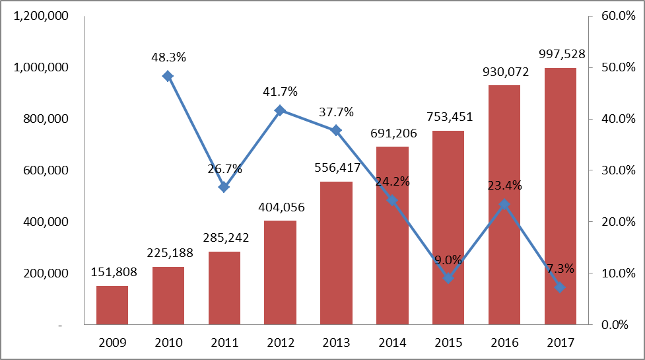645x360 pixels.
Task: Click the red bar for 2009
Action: click(x=112, y=305)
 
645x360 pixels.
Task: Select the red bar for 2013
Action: click(x=336, y=253)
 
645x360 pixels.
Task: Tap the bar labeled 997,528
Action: click(x=560, y=196)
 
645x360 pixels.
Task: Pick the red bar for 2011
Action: click(x=224, y=288)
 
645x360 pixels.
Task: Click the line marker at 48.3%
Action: click(x=168, y=76)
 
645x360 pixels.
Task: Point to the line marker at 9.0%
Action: click(x=448, y=278)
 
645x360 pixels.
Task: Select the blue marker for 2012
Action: click(x=280, y=110)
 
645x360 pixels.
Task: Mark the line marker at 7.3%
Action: click(x=560, y=287)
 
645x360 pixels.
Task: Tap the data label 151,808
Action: click(x=112, y=272)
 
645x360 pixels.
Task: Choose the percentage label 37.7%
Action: click(x=336, y=112)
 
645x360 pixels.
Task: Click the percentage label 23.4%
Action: click(x=504, y=186)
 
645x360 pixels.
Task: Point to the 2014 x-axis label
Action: click(x=392, y=343)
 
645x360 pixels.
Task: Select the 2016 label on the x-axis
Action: click(x=504, y=343)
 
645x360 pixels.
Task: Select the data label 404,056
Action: click(x=280, y=207)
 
